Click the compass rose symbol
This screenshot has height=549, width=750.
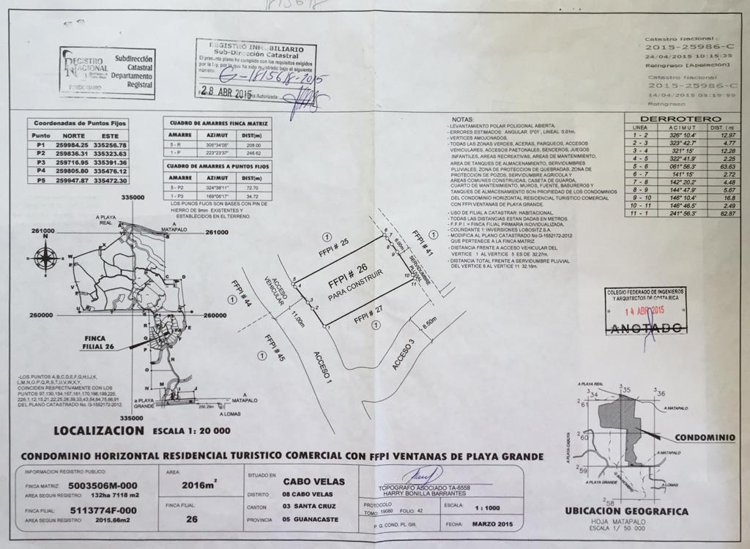point(46,258)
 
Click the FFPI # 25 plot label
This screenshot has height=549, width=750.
point(334,242)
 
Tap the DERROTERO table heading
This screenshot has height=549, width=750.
point(680,119)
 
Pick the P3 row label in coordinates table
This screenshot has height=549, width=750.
point(41,162)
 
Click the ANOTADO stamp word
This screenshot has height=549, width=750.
point(645,328)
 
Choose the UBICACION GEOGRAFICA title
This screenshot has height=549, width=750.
point(626,510)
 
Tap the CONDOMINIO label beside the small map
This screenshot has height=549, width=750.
point(705,437)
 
